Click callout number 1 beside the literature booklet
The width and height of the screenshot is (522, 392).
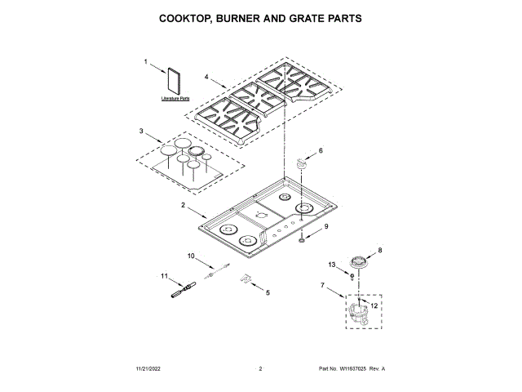(x=147, y=62)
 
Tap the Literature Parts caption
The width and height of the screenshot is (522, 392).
(x=174, y=99)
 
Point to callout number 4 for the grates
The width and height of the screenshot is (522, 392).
(x=206, y=78)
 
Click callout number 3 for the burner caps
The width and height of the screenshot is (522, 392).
(x=141, y=131)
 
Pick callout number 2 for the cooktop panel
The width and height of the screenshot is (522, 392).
(x=184, y=204)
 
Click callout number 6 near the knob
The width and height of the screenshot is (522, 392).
(x=321, y=150)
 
